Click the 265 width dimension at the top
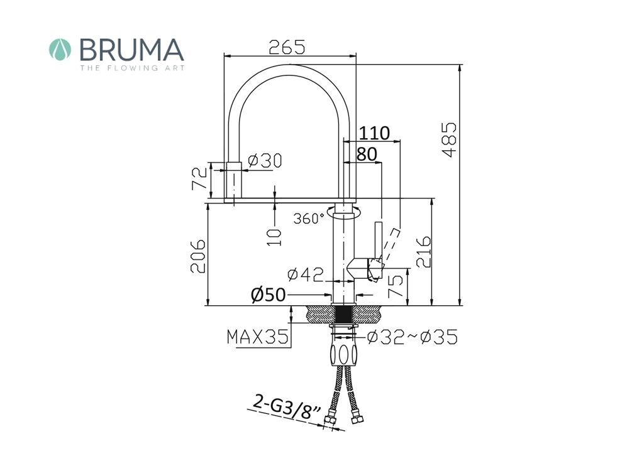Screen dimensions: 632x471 (287, 47)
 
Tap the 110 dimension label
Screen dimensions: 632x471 (374, 133)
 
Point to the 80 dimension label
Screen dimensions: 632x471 (367, 154)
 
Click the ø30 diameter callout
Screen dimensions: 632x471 (265, 161)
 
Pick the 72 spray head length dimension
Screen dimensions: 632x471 (199, 178)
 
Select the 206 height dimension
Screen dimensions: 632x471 (198, 256)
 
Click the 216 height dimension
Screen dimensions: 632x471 (424, 252)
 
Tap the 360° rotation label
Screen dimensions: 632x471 (309, 219)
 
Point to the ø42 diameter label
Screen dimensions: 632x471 (306, 274)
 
